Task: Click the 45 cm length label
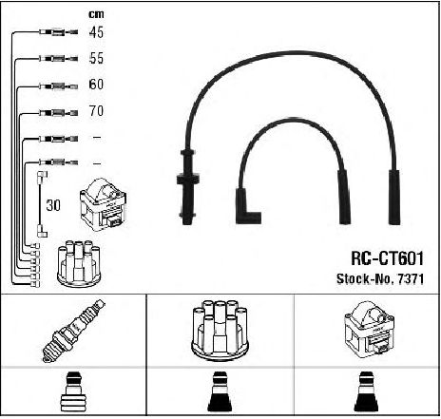96,32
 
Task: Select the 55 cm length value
96,58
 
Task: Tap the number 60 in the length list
96,85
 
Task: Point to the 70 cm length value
96,111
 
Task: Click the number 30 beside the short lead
53,205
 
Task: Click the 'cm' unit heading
96,14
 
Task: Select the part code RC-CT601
387,258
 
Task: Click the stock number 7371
411,278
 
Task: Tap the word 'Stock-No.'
365,278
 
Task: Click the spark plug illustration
74,331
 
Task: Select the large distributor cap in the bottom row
220,330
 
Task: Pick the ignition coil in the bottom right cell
369,330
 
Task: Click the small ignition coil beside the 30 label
104,205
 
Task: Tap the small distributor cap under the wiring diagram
79,264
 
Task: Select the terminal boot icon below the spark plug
73,392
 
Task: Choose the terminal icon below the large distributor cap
220,392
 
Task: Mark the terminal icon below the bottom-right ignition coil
367,392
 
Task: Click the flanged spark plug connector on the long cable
187,186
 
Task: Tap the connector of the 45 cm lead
59,32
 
